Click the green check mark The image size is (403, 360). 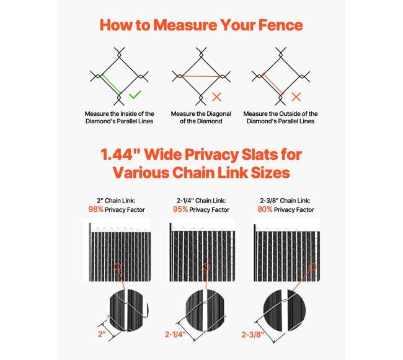[x=135, y=95]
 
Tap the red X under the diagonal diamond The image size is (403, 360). [x=216, y=97]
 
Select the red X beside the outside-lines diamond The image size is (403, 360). [x=296, y=97]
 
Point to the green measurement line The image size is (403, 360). [x=111, y=84]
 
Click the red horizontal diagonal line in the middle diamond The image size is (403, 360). [x=201, y=76]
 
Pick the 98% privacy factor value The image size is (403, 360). [x=95, y=209]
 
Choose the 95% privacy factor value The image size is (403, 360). [x=180, y=209]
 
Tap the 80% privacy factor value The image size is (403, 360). [x=265, y=209]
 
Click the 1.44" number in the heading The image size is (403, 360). [x=120, y=154]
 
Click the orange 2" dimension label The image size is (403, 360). [x=102, y=334]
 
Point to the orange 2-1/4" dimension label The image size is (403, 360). [x=175, y=335]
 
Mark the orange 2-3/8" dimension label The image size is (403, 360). [x=252, y=335]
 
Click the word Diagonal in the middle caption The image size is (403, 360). [x=218, y=114]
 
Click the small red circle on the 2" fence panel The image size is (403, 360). [x=117, y=267]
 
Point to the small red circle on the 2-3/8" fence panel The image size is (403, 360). [x=312, y=267]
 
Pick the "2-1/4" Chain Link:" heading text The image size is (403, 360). [x=201, y=201]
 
